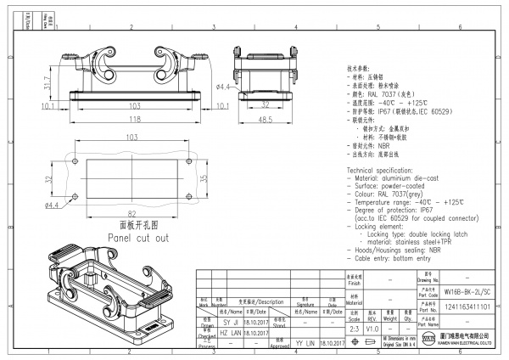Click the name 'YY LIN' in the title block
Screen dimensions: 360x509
[306, 343]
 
